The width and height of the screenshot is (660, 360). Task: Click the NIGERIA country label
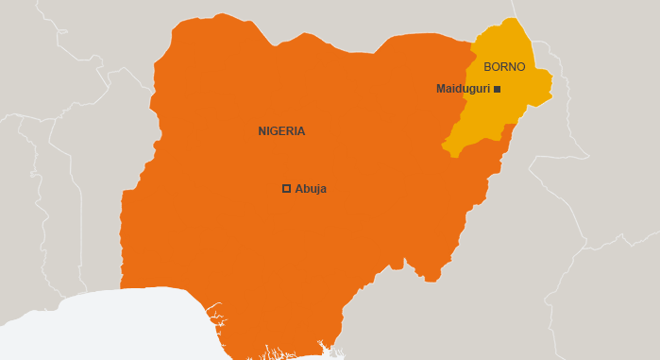[x=281, y=131]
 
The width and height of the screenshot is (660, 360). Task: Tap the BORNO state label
[x=504, y=67]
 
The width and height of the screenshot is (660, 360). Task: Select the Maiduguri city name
[x=463, y=89]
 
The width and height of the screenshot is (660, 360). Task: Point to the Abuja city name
[x=311, y=189]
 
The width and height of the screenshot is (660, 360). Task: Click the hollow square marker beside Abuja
[x=286, y=189]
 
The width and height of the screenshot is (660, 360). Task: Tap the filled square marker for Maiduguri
[x=498, y=89]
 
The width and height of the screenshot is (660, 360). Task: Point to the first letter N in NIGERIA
[x=262, y=131]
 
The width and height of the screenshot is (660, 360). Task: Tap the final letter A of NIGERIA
[x=301, y=131]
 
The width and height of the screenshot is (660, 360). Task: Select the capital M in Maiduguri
[x=440, y=89]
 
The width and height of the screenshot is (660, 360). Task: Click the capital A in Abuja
[x=298, y=189]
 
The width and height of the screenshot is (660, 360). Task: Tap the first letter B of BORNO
[x=487, y=67]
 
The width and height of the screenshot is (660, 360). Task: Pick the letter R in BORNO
[x=504, y=67]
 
